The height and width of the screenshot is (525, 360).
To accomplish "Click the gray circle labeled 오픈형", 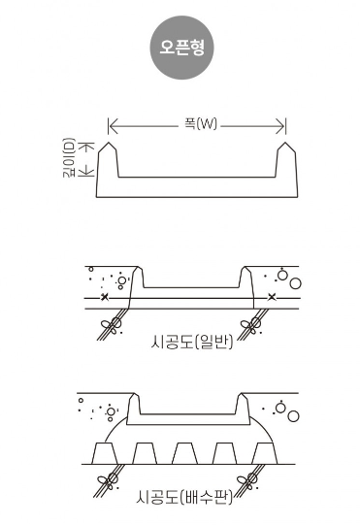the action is tap(181, 48).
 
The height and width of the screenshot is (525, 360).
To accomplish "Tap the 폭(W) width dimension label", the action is tap(201, 124).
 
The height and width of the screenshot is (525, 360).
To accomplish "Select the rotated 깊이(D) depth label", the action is tap(69, 157).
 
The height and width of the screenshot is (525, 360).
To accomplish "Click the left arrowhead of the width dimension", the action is tap(114, 126).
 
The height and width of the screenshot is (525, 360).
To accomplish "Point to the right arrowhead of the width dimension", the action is tap(280, 126).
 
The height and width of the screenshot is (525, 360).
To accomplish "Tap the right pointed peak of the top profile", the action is tap(285, 143).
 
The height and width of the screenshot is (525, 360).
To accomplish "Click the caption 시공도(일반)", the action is tap(191, 342).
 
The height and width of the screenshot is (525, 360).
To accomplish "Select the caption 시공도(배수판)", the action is tap(184, 497).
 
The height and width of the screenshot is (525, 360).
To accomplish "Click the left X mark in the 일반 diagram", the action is tap(105, 297).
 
